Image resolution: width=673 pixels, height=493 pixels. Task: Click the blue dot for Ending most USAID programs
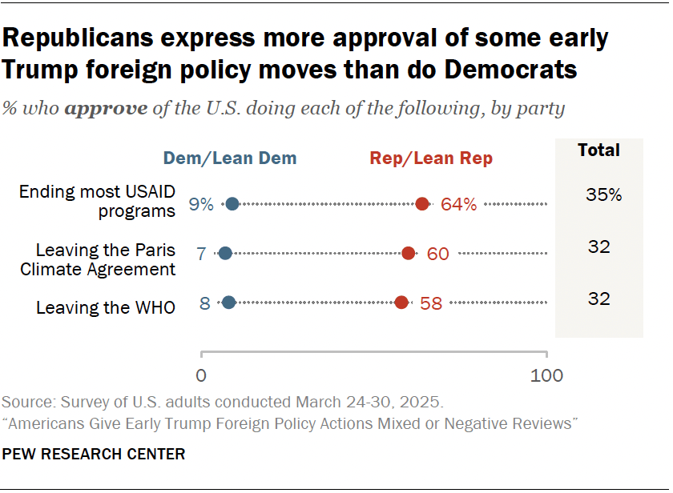232,204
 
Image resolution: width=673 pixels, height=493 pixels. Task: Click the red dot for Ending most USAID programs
422,204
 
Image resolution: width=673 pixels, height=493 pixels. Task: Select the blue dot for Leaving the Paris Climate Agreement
225,253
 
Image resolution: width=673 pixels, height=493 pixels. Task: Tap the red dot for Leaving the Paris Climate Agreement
408,253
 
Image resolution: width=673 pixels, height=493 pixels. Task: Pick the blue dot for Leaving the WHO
228,303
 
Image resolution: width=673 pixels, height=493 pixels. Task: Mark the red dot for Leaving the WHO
401,303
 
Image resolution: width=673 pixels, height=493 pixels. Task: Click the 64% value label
459,205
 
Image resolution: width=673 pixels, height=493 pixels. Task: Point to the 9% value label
201,205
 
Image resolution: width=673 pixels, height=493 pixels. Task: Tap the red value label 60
437,254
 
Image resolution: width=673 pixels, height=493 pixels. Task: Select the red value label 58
431,303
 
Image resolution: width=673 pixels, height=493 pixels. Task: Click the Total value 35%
603,194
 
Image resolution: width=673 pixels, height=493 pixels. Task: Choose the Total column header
598,150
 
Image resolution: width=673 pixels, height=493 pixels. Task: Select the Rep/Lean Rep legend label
431,158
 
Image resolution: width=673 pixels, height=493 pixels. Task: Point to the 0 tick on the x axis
201,375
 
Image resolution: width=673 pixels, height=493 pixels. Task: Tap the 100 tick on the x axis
547,375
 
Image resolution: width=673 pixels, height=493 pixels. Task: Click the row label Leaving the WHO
106,307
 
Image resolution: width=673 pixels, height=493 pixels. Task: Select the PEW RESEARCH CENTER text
94,454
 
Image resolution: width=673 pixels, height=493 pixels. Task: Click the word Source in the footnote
24,401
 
